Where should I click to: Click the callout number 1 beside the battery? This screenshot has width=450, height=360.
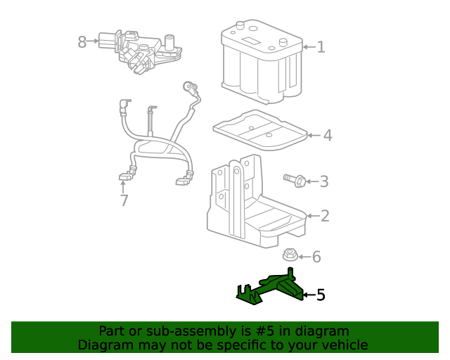[321, 47]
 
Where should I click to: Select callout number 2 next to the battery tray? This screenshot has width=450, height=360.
[324, 216]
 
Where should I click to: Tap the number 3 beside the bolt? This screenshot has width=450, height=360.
[323, 181]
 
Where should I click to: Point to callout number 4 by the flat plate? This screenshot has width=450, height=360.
[327, 135]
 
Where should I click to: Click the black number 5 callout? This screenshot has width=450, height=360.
[321, 295]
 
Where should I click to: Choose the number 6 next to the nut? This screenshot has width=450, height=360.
[316, 257]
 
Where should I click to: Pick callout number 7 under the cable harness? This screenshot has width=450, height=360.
[124, 201]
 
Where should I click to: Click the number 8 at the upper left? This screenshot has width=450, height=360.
[82, 42]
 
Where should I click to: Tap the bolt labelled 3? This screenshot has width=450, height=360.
[295, 181]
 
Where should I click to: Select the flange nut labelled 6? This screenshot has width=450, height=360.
[290, 256]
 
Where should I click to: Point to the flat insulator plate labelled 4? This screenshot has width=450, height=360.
[260, 129]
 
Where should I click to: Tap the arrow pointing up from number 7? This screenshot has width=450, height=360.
[123, 186]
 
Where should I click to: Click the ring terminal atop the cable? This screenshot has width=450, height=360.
[189, 86]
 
